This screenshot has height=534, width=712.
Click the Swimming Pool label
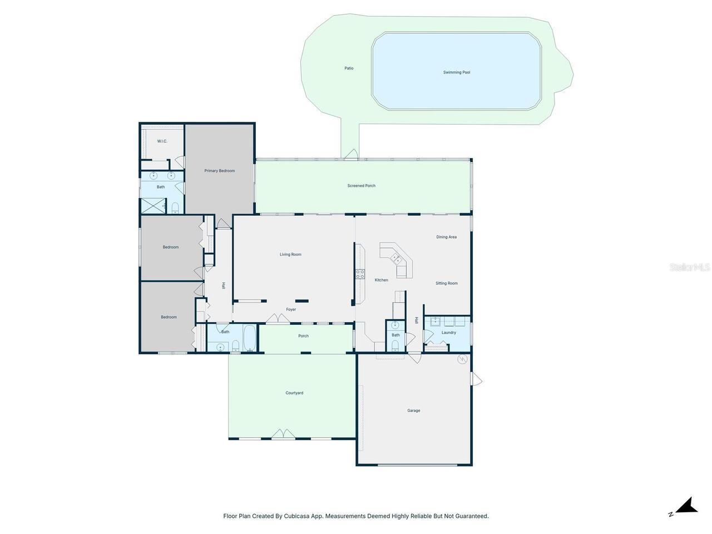click(456, 72)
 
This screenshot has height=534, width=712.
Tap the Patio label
click(349, 68)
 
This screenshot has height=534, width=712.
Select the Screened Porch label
click(361, 186)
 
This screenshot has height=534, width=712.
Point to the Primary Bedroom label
click(219, 171)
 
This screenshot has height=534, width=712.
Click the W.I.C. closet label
click(162, 141)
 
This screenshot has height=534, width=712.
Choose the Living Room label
click(290, 255)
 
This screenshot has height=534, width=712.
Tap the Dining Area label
click(446, 237)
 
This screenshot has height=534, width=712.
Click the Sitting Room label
click(446, 283)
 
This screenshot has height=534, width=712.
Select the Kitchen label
click(381, 280)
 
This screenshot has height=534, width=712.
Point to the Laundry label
click(448, 333)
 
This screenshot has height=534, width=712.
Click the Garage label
click(413, 411)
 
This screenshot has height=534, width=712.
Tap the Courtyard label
click(294, 393)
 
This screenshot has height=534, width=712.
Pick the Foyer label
click(290, 310)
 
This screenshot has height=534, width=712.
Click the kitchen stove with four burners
click(360, 274)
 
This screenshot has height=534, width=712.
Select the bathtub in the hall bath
click(249, 338)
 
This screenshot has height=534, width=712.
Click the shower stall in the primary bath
click(153, 206)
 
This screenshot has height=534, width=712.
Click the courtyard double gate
click(283, 434)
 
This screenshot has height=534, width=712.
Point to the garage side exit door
click(476, 379)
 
